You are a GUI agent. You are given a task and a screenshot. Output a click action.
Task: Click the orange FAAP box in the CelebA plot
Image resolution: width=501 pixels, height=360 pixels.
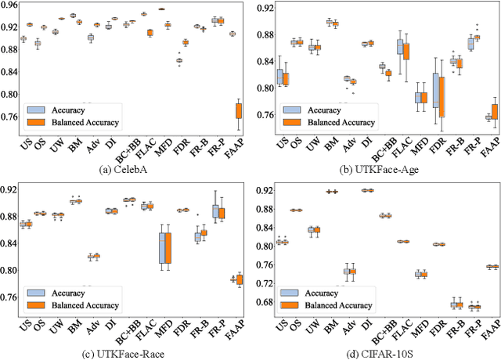pyautogui.click(x=238, y=110)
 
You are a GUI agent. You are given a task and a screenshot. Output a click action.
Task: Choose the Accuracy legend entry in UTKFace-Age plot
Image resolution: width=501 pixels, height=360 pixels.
pyautogui.click(x=322, y=110)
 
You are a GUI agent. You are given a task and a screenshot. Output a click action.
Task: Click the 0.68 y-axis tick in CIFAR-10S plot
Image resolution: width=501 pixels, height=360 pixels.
pyautogui.click(x=263, y=302)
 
